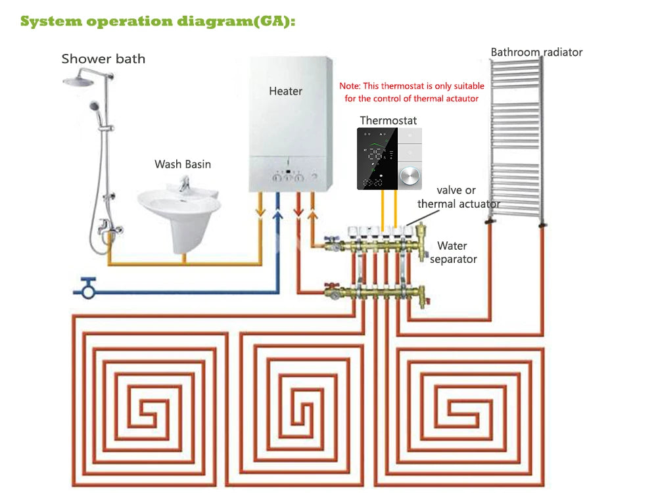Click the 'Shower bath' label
pyautogui.click(x=103, y=59)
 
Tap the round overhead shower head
pyautogui.click(x=78, y=81)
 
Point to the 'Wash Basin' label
pyautogui.click(x=183, y=164)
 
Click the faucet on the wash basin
pyautogui.click(x=184, y=183)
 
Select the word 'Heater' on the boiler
pyautogui.click(x=285, y=91)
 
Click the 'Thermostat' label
pyautogui.click(x=388, y=120)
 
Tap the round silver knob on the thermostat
pyautogui.click(x=410, y=176)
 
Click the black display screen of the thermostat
pyautogui.click(x=377, y=158)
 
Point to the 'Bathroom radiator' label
pyautogui.click(x=536, y=52)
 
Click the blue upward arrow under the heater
pyautogui.click(x=277, y=215)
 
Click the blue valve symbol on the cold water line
pyautogui.click(x=88, y=288)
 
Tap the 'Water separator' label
pyautogui.click(x=453, y=252)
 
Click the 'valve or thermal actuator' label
pyautogui.click(x=458, y=197)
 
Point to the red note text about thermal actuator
pyautogui.click(x=411, y=92)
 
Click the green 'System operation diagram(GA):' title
pyautogui.click(x=158, y=21)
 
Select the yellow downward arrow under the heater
pyautogui.click(x=260, y=211)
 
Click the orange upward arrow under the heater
pyautogui.click(x=312, y=215)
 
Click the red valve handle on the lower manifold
pyautogui.click(x=332, y=286)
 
